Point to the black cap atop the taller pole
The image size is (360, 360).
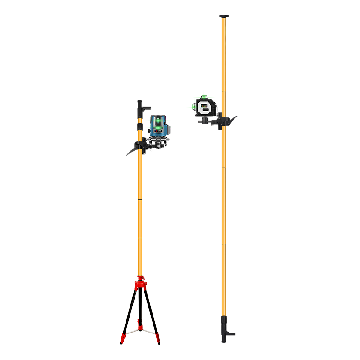224,18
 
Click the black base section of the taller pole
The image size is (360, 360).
225,328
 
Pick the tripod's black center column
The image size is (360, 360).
140,306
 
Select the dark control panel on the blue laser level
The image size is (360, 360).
158,130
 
